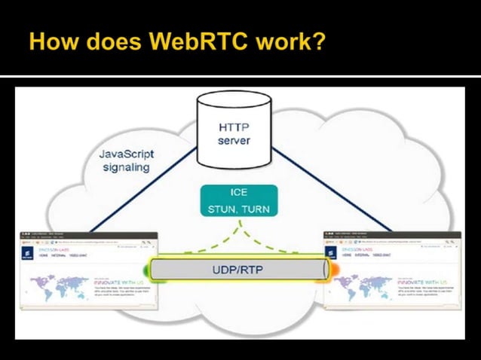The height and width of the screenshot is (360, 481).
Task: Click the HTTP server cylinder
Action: click(x=233, y=131)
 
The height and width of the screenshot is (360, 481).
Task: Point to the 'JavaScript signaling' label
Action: click(x=127, y=160)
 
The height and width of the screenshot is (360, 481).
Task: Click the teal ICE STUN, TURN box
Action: click(x=239, y=201)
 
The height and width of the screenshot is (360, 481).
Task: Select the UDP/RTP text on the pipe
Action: click(x=239, y=268)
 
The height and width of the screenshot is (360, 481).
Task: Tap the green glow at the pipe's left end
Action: click(x=146, y=268)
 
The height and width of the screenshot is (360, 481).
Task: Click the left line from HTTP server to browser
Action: click(x=143, y=188)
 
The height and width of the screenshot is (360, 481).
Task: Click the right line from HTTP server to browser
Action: click(x=332, y=188)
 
